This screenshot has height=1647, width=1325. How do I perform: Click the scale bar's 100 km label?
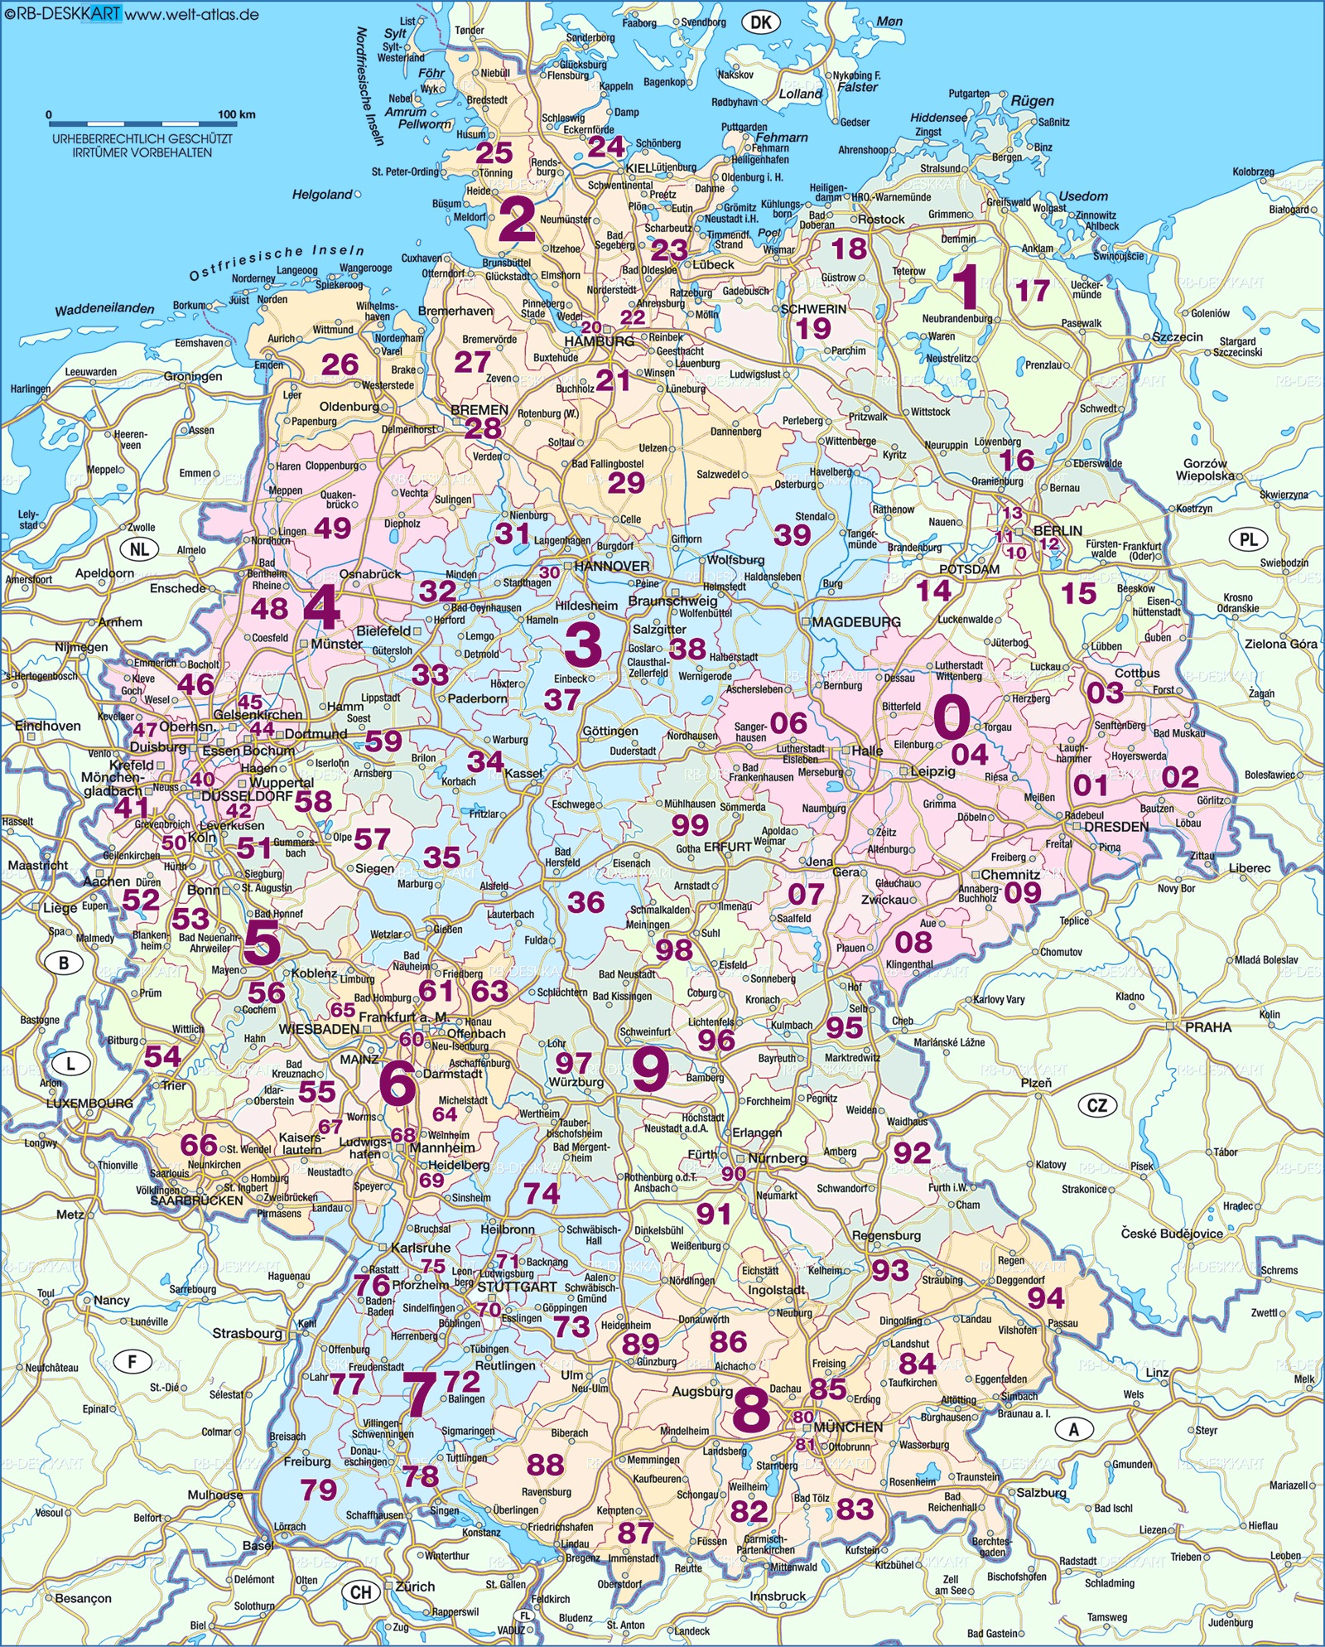pyautogui.click(x=236, y=114)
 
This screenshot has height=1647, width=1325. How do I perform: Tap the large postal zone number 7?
pyautogui.click(x=419, y=1393)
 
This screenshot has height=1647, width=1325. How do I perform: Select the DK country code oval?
pyautogui.click(x=760, y=22)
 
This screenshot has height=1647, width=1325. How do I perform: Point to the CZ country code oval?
pyautogui.click(x=1097, y=1104)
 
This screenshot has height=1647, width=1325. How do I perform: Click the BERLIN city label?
pyautogui.click(x=1058, y=530)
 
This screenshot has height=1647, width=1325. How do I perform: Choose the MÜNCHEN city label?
pyautogui.click(x=848, y=1427)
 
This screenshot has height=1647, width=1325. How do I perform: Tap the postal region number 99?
pyautogui.click(x=690, y=824)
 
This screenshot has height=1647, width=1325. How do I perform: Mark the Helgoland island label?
pyautogui.click(x=322, y=195)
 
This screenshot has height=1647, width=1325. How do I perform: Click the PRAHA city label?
pyautogui.click(x=1208, y=1026)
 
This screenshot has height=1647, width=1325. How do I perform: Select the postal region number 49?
pyautogui.click(x=332, y=528)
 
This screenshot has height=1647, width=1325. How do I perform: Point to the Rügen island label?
pyautogui.click(x=1033, y=101)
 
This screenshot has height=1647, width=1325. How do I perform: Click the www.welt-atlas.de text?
pyautogui.click(x=192, y=14)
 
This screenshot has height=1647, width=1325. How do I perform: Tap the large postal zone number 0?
pyautogui.click(x=952, y=717)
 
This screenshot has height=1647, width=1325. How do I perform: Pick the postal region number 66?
pyautogui.click(x=199, y=1145)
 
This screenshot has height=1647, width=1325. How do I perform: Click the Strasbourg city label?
pyautogui.click(x=248, y=1333)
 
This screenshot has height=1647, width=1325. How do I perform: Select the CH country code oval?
pyautogui.click(x=361, y=1591)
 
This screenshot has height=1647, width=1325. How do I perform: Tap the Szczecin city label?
pyautogui.click(x=1178, y=337)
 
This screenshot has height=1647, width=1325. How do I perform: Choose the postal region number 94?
pyautogui.click(x=1045, y=1298)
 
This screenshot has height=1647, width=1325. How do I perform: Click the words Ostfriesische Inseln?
pyautogui.click(x=277, y=261)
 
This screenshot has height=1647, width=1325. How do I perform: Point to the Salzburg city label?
pyautogui.click(x=1042, y=1492)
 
